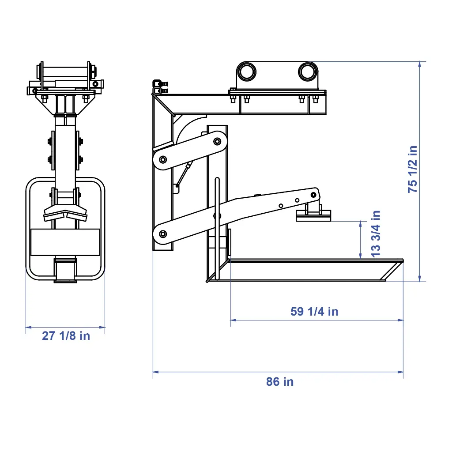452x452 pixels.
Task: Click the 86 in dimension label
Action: [x=279, y=382]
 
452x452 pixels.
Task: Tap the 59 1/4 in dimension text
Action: [x=314, y=312]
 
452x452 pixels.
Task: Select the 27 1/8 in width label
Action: [x=66, y=336]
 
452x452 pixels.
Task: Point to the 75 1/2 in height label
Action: [x=413, y=169]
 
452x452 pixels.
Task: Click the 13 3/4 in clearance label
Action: [x=376, y=234]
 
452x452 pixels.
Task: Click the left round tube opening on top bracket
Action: [x=246, y=72]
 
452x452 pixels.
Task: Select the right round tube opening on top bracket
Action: [x=308, y=72]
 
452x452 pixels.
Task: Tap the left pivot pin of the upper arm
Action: [x=163, y=159]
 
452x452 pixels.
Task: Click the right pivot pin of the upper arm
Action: [x=217, y=141]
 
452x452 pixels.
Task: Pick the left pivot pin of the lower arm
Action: [x=163, y=234]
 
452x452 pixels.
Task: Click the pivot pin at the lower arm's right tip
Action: [x=313, y=195]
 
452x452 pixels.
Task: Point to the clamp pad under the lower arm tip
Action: [x=313, y=215]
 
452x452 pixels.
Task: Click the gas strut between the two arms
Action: [x=185, y=174]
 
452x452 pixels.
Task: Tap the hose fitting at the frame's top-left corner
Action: [x=160, y=87]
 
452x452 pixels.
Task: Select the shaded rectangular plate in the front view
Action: [x=65, y=242]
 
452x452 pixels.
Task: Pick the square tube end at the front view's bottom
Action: [x=65, y=271]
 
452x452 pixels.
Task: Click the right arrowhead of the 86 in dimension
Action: [x=400, y=372]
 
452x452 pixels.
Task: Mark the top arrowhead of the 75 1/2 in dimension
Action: [x=420, y=64]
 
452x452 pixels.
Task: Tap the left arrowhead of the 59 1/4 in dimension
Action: [x=234, y=320]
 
